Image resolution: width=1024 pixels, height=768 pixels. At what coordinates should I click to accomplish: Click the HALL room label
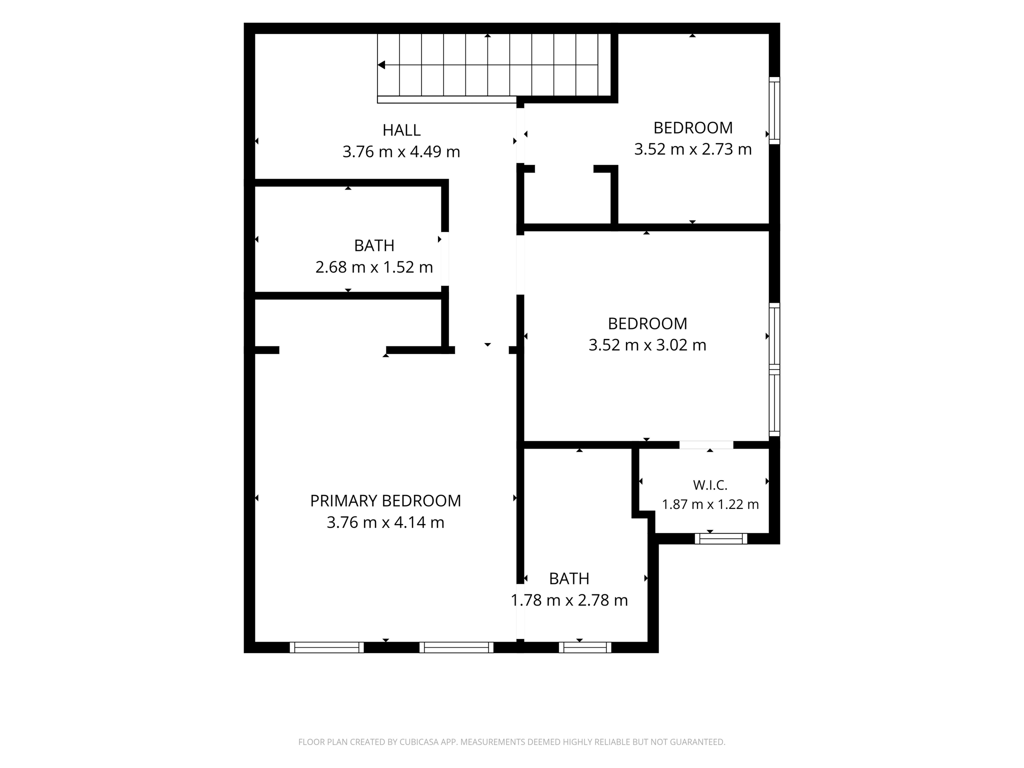pyautogui.click(x=401, y=130)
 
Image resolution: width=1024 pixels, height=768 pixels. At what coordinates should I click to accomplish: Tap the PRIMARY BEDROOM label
pyautogui.click(x=385, y=501)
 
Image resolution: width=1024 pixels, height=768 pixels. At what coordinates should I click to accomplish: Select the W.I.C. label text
pyautogui.click(x=710, y=485)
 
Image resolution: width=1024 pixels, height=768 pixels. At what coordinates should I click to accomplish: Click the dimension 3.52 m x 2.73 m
pyautogui.click(x=693, y=149)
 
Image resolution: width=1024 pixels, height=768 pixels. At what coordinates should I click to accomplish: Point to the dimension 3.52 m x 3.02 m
pyautogui.click(x=647, y=345)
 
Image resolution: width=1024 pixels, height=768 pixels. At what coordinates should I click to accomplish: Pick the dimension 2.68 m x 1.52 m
pyautogui.click(x=374, y=267)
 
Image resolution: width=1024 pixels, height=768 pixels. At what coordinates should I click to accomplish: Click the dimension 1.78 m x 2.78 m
pyautogui.click(x=569, y=600)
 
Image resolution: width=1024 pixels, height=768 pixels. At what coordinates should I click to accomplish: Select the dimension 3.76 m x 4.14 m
pyautogui.click(x=385, y=522)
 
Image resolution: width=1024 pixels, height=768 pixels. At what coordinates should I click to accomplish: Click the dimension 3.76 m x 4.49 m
pyautogui.click(x=401, y=152)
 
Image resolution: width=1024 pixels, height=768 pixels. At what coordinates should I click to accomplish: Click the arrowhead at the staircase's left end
pyautogui.click(x=381, y=65)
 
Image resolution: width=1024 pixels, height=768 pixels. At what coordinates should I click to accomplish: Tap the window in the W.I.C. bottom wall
pyautogui.click(x=721, y=538)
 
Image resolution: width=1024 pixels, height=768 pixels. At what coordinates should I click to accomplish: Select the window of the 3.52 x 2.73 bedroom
pyautogui.click(x=774, y=110)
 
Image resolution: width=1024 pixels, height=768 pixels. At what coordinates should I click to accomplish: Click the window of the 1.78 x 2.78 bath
pyautogui.click(x=585, y=647)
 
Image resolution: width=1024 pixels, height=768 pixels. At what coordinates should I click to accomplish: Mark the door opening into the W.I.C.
pyautogui.click(x=706, y=445)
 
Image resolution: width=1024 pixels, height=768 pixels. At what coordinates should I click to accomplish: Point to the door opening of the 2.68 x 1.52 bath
pyautogui.click(x=445, y=259)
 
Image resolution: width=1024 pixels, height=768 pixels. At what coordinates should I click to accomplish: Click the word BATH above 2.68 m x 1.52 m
pyautogui.click(x=374, y=246)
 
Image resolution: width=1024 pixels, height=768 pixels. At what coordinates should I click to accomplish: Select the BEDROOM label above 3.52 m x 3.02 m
pyautogui.click(x=647, y=324)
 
